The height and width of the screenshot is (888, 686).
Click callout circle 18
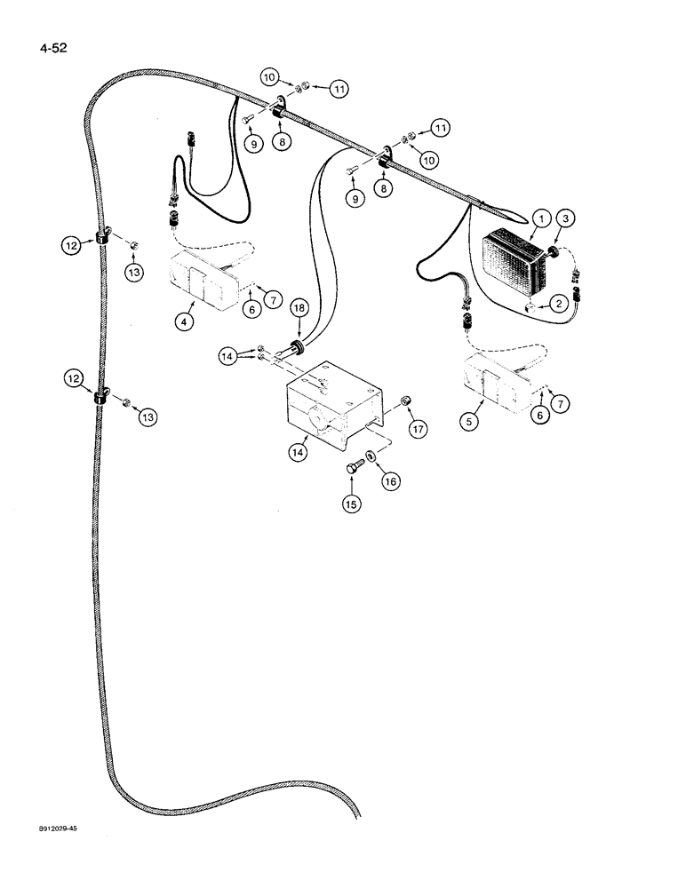click(x=298, y=306)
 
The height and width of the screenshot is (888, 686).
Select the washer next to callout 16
click(x=371, y=458)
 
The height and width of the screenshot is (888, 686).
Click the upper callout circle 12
click(x=75, y=242)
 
